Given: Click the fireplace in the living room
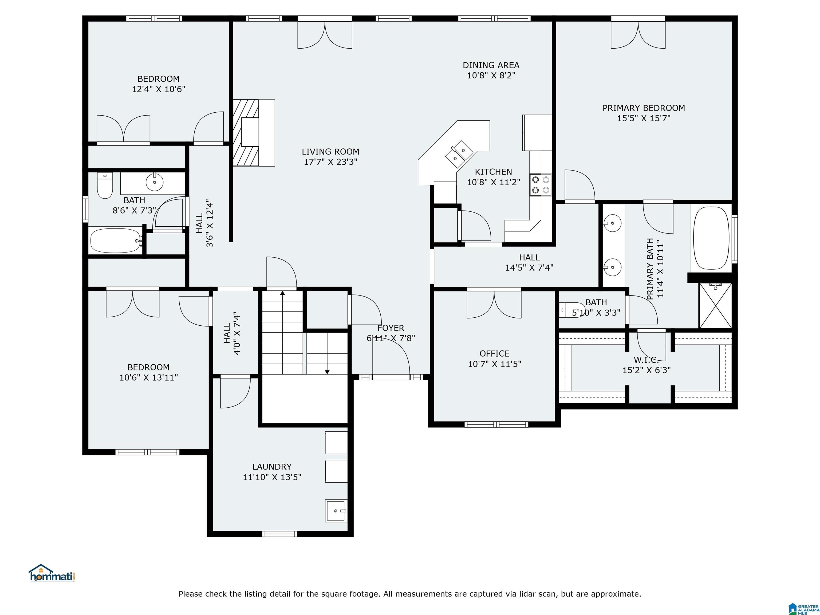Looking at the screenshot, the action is pos(254,133).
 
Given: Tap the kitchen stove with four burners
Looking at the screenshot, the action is pos(541,185).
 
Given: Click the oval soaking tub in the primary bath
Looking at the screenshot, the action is pos(711,238).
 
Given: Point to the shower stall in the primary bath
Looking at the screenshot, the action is pos(715,305).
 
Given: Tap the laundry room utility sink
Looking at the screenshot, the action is pos(336,511).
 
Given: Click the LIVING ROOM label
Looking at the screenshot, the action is pos(330,152).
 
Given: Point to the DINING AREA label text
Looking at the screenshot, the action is pos(491,65).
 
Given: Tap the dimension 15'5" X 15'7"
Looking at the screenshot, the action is pos(644,118).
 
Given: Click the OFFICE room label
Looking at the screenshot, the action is pos(495,354).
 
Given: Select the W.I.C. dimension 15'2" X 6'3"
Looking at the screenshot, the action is pos(646,370).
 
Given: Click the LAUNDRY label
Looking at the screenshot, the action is pos(272,467).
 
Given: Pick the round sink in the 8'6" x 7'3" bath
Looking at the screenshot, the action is pos(155,182).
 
